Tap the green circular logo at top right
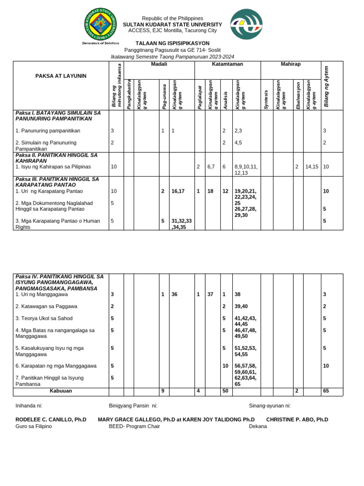tap(246, 24)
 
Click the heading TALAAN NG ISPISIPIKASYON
tap(172, 43)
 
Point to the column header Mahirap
tap(291, 64)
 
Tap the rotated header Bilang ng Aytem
tap(327, 86)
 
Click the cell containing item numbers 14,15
tap(311, 167)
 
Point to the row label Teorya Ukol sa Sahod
tap(44, 318)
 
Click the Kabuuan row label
tap(61, 392)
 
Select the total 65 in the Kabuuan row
tap(326, 392)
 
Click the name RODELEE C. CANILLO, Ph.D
tap(51, 420)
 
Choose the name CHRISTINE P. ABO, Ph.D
tap(297, 420)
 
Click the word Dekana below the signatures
tap(258, 426)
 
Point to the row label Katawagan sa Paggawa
tap(46, 307)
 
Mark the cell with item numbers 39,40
tap(242, 307)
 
